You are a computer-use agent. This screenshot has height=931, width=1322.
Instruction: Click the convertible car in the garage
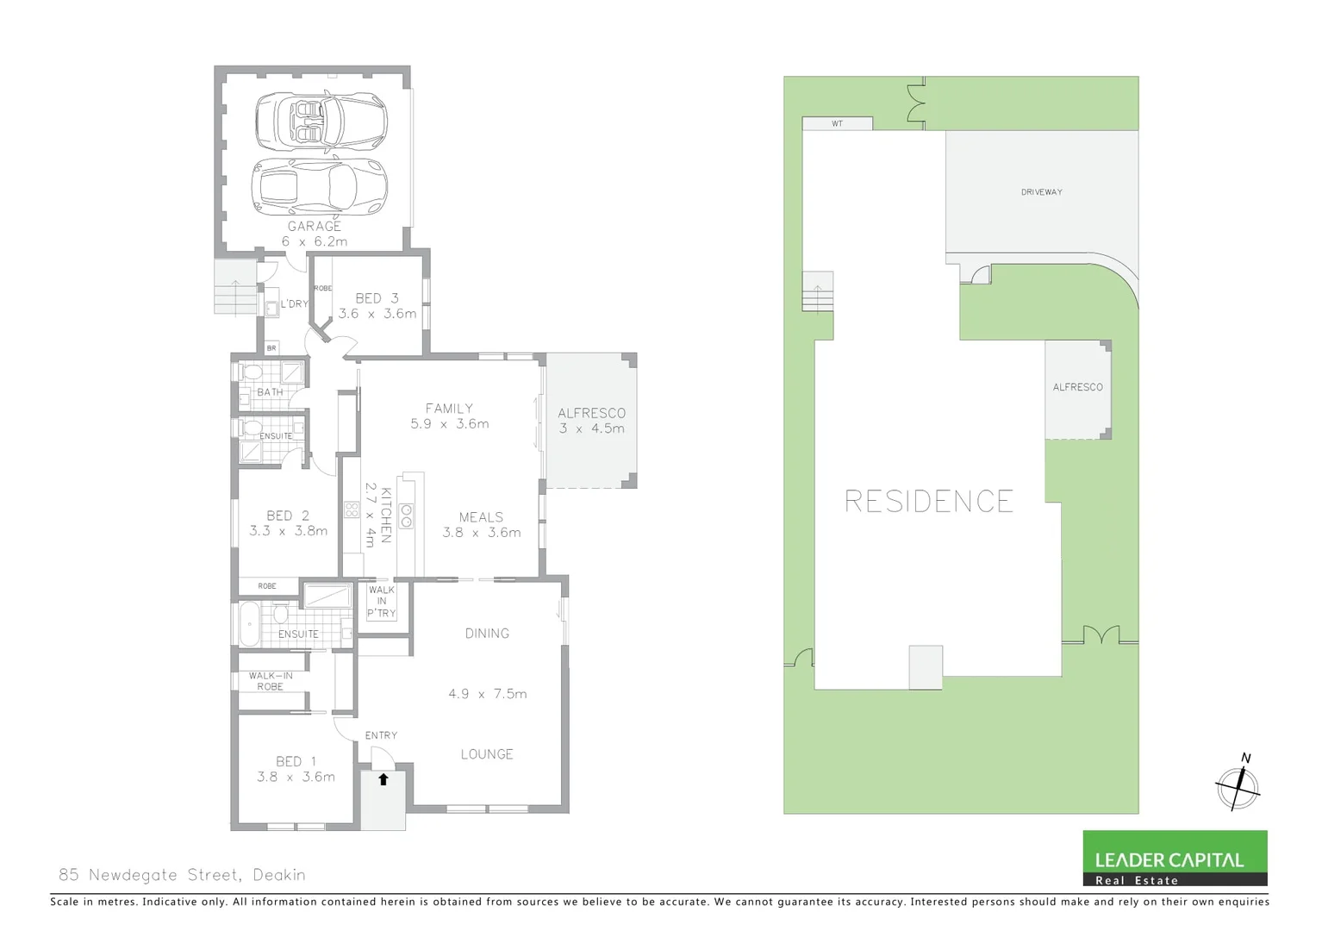(x=321, y=121)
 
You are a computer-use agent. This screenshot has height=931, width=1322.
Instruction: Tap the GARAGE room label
(x=314, y=226)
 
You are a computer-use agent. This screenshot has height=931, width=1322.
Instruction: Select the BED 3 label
(x=377, y=298)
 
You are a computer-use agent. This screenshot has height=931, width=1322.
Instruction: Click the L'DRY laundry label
(x=294, y=304)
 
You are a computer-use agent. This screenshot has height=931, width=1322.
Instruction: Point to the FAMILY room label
(x=449, y=409)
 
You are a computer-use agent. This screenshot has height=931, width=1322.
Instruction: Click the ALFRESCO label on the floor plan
(x=591, y=414)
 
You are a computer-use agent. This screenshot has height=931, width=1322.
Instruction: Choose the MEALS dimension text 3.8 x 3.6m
(x=481, y=533)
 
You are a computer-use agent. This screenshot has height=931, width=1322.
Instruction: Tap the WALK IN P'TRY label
(x=381, y=602)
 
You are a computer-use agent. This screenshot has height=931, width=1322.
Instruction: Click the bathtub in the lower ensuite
(x=249, y=623)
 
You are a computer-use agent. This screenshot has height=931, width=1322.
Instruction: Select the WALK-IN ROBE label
(x=271, y=681)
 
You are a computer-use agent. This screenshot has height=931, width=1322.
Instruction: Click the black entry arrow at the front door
(x=384, y=779)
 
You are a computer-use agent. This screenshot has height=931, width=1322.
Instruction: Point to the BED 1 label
(x=296, y=761)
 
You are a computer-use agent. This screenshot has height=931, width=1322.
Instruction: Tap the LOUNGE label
(x=486, y=754)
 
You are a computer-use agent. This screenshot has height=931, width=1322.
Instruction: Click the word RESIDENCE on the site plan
(x=928, y=502)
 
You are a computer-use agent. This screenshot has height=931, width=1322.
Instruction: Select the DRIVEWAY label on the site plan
(x=1041, y=192)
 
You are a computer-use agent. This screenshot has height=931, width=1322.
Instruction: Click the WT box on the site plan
(x=837, y=124)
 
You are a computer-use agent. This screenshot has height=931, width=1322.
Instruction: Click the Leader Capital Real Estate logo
(x=1175, y=858)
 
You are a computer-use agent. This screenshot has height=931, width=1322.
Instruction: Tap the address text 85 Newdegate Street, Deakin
(x=182, y=875)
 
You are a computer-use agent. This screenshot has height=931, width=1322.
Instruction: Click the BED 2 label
(x=287, y=515)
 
